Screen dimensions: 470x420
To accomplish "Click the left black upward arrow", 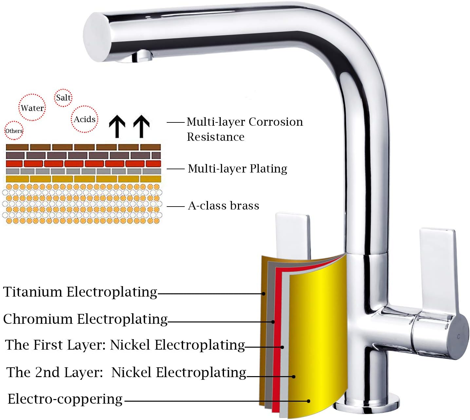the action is click(117, 126).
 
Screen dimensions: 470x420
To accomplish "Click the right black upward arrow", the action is click(141, 126).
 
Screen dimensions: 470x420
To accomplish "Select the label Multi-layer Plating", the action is click(237, 169).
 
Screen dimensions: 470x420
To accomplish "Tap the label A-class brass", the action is click(223, 206).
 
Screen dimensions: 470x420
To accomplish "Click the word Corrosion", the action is click(275, 122).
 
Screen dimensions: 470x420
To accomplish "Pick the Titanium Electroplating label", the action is click(80, 292).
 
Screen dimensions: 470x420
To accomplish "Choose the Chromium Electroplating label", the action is click(85, 320).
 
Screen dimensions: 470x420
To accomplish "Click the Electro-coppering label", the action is click(65, 399).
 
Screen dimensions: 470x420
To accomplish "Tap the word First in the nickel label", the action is click(48, 345).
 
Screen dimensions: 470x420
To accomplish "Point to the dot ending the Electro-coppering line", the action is click(309, 401).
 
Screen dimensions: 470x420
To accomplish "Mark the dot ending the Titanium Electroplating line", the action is click(264, 294).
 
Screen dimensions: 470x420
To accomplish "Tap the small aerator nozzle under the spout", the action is click(142, 56).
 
